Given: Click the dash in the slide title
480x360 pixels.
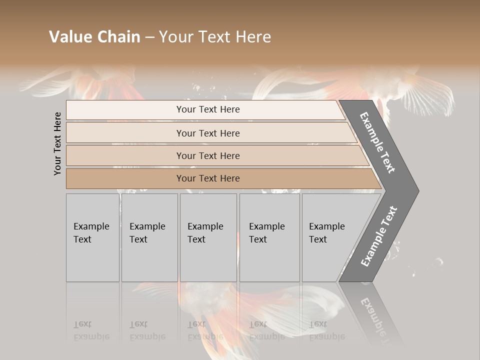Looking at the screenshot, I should [x=149, y=37].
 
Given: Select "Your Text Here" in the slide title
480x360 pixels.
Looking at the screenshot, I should [x=215, y=37].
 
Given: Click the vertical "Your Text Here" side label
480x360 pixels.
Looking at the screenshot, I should [x=57, y=143].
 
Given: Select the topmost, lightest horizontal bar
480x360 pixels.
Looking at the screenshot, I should [x=205, y=109].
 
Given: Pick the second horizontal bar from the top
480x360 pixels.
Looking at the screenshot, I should [x=210, y=133].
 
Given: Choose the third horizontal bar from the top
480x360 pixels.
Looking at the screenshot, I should [x=215, y=155].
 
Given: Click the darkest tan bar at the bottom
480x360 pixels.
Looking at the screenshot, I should [x=220, y=178].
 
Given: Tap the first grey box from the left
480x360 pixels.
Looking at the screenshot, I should [x=92, y=237].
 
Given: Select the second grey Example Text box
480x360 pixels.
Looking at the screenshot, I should [x=149, y=237].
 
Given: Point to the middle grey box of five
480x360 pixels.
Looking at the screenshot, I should [x=208, y=237].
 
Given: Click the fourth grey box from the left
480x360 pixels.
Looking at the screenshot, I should [x=269, y=237].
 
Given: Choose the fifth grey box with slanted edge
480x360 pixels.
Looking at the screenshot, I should [x=330, y=237].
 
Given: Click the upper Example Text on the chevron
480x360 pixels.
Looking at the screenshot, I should [x=378, y=142].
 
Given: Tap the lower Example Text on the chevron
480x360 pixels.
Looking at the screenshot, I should [x=379, y=236].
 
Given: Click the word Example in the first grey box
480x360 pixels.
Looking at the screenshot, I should [x=91, y=226].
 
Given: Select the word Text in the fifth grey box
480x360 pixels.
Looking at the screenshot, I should [x=318, y=239].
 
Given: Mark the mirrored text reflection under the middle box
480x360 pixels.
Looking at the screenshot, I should [x=205, y=330].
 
